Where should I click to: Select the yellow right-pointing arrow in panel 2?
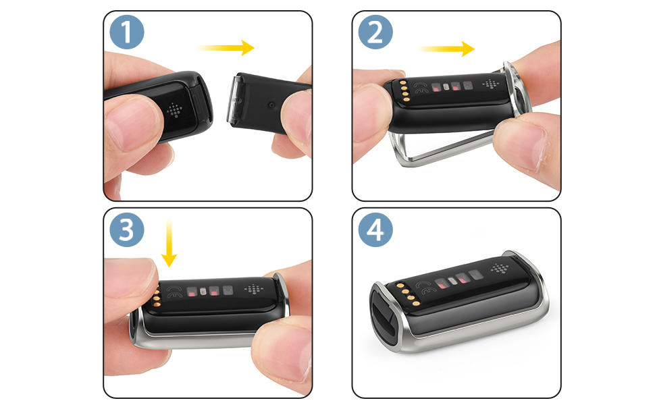(x=446, y=48)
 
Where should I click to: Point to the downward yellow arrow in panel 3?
(x=169, y=242)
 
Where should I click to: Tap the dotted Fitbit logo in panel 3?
(x=255, y=288)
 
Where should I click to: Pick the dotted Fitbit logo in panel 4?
(x=500, y=269)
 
